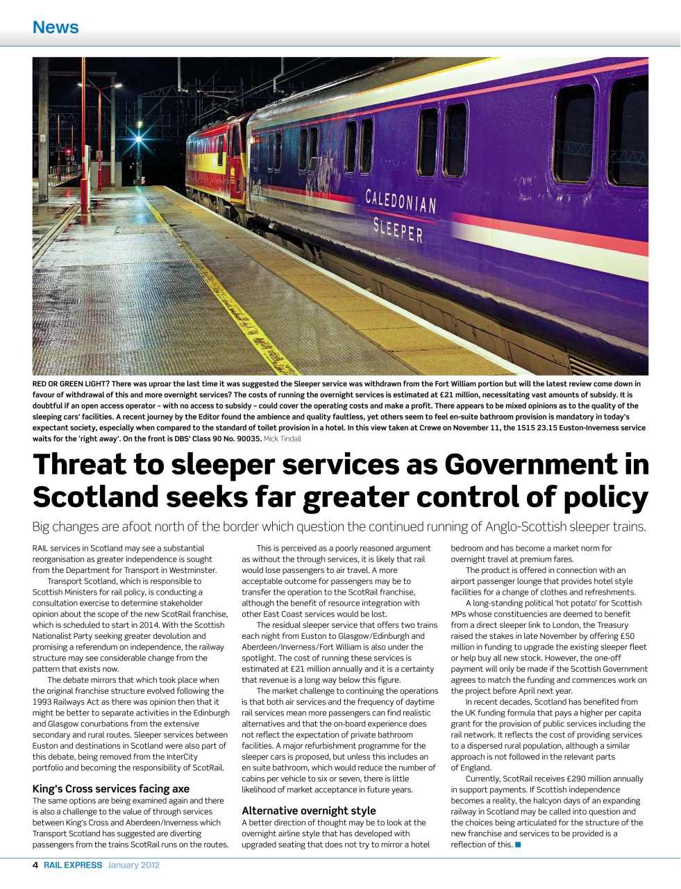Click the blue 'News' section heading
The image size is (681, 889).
pyautogui.click(x=56, y=28)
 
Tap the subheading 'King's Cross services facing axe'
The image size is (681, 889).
pyautogui.click(x=110, y=788)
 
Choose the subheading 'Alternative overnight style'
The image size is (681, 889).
pyautogui.click(x=308, y=811)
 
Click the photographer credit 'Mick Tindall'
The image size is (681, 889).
pyautogui.click(x=283, y=439)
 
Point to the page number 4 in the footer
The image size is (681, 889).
pyautogui.click(x=35, y=865)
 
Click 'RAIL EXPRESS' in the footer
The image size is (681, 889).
pyautogui.click(x=73, y=865)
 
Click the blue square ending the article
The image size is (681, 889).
pyautogui.click(x=518, y=845)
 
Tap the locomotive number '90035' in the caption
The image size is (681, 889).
pyautogui.click(x=248, y=439)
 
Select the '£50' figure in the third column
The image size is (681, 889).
pyautogui.click(x=627, y=635)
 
